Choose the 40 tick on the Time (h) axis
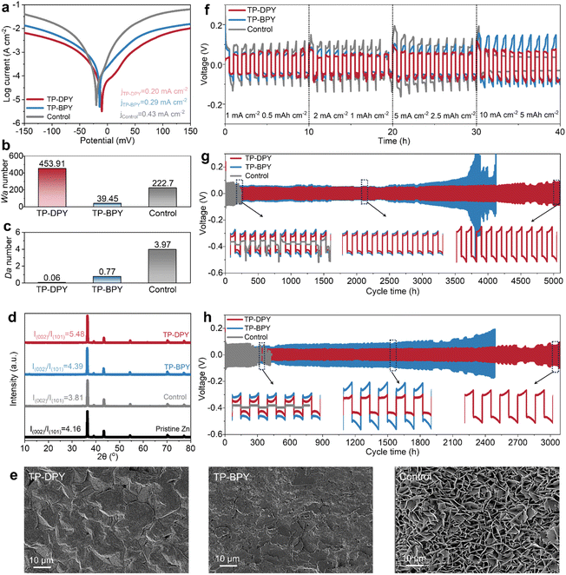click(x=556, y=131)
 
